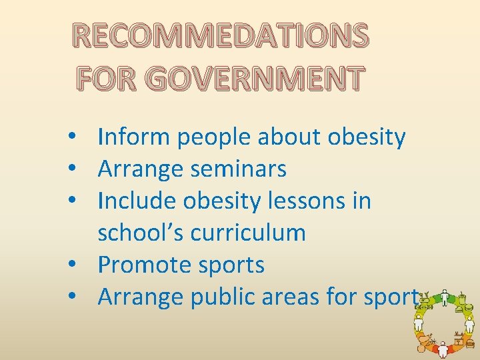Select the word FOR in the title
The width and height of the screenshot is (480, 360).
tap(108, 79)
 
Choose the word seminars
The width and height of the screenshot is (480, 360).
tap(238, 169)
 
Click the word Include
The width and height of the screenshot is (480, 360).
tap(137, 201)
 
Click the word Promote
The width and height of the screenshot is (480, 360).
tap(145, 265)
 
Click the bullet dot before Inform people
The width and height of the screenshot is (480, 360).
tap(79, 138)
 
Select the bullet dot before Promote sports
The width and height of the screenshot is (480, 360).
tap(79, 265)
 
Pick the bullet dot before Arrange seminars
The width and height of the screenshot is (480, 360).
tap(79, 170)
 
